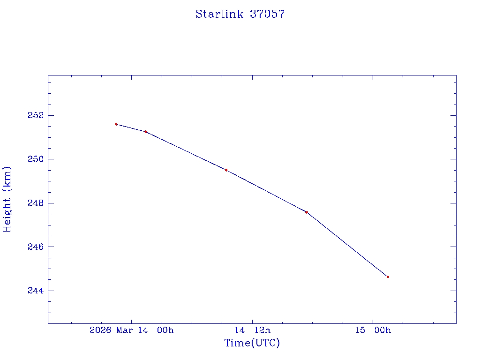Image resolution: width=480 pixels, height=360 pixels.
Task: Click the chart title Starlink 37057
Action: (x=240, y=14)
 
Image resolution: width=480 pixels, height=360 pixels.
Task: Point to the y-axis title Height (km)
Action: (x=7, y=199)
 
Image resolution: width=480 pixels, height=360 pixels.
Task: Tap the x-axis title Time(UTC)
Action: (x=252, y=343)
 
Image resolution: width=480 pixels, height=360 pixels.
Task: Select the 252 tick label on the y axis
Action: (x=36, y=115)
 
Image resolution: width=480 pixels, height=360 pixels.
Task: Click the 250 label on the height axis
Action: (x=36, y=159)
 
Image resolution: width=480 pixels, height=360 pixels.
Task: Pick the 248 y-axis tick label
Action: (x=36, y=203)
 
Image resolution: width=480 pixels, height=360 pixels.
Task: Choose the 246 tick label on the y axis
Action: (x=36, y=247)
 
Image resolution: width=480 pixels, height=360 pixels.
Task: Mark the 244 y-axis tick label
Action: (x=36, y=291)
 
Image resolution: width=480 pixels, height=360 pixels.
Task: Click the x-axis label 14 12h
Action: (x=253, y=330)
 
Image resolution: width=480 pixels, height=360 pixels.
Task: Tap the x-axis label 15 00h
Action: (x=373, y=330)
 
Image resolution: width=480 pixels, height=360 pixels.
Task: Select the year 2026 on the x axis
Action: (x=100, y=330)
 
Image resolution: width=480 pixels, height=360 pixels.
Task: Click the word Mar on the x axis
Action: (x=126, y=330)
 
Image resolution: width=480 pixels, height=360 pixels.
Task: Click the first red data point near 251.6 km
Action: (x=116, y=124)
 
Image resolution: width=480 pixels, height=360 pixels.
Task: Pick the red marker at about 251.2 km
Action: (x=146, y=132)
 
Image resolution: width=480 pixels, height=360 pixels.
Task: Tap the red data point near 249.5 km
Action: (x=226, y=170)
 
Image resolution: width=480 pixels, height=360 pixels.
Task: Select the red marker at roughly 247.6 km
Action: (x=307, y=212)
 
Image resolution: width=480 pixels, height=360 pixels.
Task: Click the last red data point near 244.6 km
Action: (x=388, y=277)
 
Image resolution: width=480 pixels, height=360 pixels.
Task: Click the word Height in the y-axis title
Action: (x=7, y=216)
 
